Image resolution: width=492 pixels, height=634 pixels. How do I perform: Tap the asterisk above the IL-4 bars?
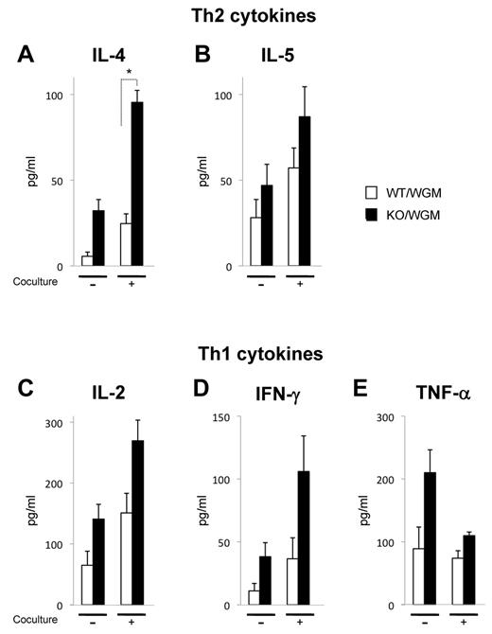click(x=129, y=71)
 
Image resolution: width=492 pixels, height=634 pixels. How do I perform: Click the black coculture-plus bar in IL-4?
click(x=137, y=185)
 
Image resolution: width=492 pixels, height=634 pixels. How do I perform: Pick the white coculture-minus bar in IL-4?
click(x=87, y=261)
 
